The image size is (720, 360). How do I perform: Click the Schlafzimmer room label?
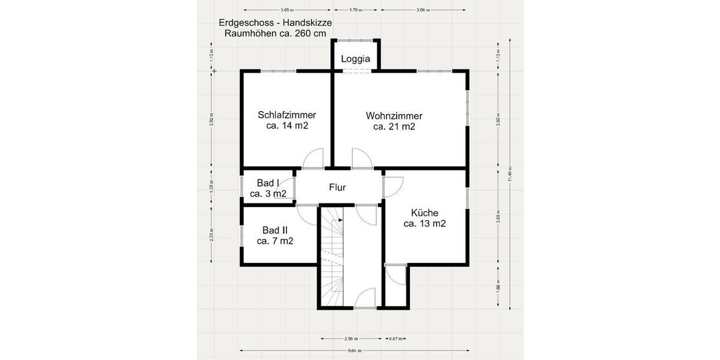tap(287, 115)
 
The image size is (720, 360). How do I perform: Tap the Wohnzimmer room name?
tap(394, 116)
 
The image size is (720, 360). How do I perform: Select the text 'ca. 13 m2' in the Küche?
tap(425, 224)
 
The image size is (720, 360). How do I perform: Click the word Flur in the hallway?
tap(337, 187)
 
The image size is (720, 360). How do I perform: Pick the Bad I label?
tap(268, 183)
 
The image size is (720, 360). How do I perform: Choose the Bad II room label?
tap(275, 230)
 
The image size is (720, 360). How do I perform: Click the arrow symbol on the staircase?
tap(340, 220)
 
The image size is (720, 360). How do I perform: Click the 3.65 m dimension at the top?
tap(287, 10)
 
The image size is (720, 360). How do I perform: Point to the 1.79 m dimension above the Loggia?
tap(356, 10)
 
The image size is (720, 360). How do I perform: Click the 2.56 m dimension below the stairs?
tap(351, 338)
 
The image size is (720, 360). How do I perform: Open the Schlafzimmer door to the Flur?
tap(313, 159)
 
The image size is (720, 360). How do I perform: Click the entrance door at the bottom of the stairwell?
tap(364, 298)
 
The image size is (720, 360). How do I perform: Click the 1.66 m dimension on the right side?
tap(498, 286)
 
